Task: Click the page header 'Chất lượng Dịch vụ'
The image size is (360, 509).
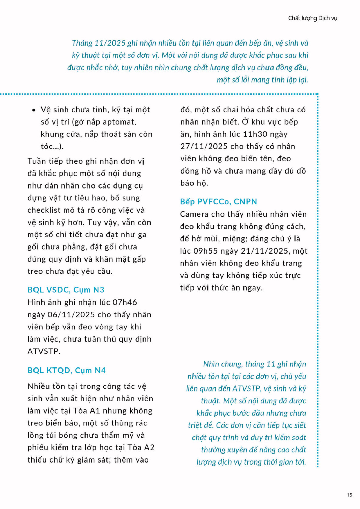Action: tap(312, 18)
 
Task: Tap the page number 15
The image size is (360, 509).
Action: tap(349, 494)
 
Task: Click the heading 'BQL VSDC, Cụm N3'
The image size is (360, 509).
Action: tap(66, 290)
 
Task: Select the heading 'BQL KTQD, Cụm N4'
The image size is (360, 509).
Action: tap(66, 370)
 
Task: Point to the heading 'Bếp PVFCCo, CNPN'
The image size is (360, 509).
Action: tap(218, 201)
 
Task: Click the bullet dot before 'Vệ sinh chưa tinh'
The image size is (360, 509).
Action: tap(34, 110)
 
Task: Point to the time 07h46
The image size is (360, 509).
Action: tap(125, 302)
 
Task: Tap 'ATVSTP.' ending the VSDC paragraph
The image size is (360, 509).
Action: tap(44, 351)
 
